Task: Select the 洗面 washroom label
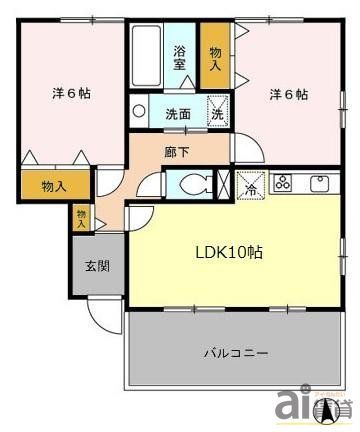coord(178,113)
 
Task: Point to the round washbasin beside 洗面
coord(140,112)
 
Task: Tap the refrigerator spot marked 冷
coord(250,184)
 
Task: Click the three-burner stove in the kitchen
coord(283,183)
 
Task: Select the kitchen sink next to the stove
coord(321,183)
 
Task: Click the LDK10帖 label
coord(228,252)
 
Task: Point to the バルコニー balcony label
coord(235,353)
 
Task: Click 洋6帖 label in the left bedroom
coord(72,94)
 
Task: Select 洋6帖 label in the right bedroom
coord(288,94)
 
